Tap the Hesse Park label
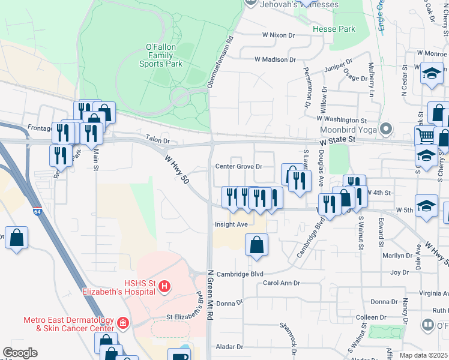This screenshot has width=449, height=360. pos(334,29)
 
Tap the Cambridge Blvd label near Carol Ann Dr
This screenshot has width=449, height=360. pos(240,273)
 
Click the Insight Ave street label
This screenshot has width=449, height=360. pos(231,225)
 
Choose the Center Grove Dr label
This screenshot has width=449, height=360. pos(239,166)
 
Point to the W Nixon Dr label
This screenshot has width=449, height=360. pos(279,35)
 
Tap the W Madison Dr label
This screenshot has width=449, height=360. pos(276,59)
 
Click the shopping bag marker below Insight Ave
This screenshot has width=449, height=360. pos(256,244)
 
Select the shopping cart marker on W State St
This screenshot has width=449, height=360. pos(425,136)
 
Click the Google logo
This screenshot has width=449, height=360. pos(20,353)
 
